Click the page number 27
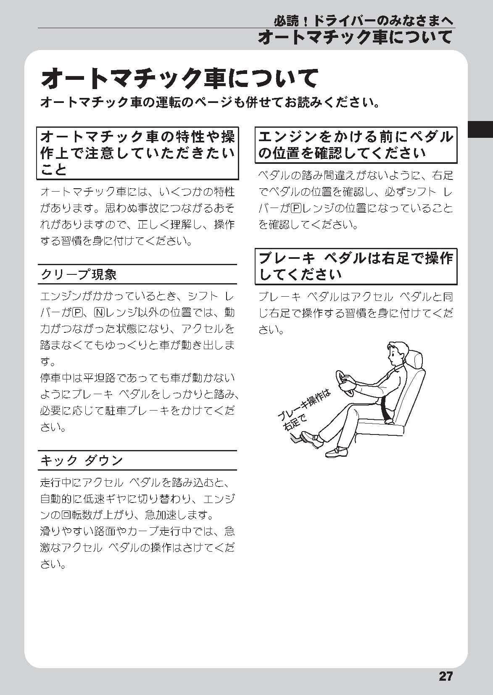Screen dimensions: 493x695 [x=446, y=675]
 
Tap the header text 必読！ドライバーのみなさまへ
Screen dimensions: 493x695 [x=363, y=21]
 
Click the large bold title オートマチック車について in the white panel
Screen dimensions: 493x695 [x=179, y=79]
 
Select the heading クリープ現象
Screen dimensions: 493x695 [x=79, y=274]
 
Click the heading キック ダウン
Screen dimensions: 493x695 [x=82, y=461]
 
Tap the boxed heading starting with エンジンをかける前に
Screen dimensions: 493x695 [x=356, y=145]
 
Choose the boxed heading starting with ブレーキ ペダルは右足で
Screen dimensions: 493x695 [x=356, y=266]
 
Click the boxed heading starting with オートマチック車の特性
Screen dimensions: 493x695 [x=137, y=153]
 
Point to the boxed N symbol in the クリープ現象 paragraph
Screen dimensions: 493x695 [x=99, y=313]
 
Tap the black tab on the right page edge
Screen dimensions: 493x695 [x=480, y=129]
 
